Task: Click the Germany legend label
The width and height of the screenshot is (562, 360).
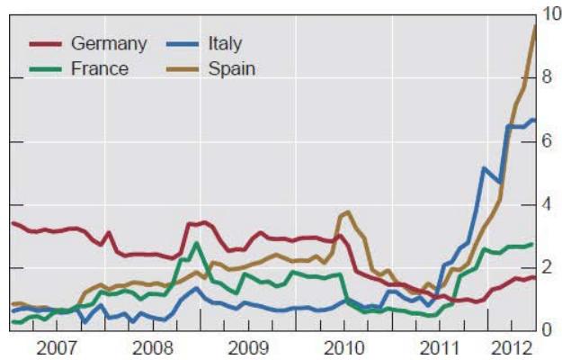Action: coord(108,44)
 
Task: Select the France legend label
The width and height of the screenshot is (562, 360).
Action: coord(100,67)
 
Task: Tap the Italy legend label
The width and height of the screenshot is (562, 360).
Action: coord(225,44)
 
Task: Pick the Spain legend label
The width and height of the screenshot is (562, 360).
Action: coord(232,67)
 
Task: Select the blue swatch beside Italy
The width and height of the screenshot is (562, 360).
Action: coord(184,44)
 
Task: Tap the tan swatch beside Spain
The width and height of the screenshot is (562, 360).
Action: coord(184,67)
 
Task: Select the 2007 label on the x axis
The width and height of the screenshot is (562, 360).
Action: coord(56,347)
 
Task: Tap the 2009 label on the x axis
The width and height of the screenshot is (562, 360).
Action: coord(245,347)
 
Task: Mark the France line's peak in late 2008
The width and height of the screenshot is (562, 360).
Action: coord(195,243)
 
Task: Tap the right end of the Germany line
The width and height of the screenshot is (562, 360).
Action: coord(535,276)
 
